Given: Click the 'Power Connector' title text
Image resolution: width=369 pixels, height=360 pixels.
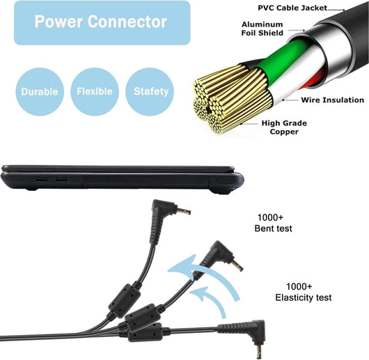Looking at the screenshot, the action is pyautogui.click(x=101, y=22).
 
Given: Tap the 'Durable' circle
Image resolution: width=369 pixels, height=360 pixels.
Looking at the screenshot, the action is pyautogui.click(x=40, y=91).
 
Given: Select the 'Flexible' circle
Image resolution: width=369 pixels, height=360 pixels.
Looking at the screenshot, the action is pyautogui.click(x=95, y=91).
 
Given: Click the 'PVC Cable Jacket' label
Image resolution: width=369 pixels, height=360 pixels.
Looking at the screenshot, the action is pyautogui.click(x=292, y=8).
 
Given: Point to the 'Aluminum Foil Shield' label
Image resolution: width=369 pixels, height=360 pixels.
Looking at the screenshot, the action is pyautogui.click(x=262, y=29).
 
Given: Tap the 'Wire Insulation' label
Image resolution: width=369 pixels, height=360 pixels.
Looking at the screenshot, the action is pyautogui.click(x=333, y=100).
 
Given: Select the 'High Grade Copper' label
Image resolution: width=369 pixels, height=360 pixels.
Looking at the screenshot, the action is pyautogui.click(x=284, y=127).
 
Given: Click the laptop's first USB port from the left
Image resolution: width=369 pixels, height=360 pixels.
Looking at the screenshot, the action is pyautogui.click(x=42, y=179).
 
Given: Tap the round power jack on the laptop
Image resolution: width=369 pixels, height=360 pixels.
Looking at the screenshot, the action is pyautogui.click(x=215, y=181).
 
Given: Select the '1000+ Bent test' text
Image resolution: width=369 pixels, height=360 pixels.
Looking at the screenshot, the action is pyautogui.click(x=273, y=223).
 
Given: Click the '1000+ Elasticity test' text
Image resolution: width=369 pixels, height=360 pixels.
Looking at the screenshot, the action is pyautogui.click(x=304, y=292).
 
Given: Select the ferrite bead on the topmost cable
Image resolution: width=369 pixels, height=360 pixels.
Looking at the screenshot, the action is pyautogui.click(x=125, y=301).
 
